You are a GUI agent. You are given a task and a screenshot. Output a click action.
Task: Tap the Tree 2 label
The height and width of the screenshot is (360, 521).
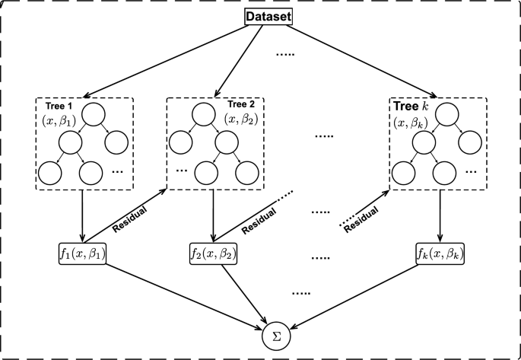[241, 104]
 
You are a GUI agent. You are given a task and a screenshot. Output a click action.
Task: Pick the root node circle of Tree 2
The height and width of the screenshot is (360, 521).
[205, 114]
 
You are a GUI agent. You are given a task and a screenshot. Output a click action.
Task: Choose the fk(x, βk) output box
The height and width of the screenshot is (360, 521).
[440, 252]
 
